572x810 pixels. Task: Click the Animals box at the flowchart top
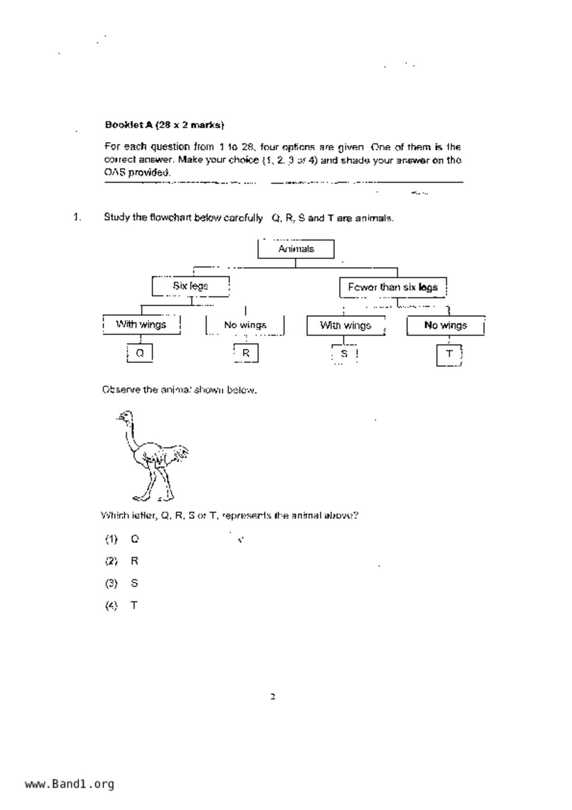coord(296,249)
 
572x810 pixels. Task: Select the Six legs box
coord(190,286)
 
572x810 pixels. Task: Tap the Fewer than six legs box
coord(393,287)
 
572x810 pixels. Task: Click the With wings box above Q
coord(141,325)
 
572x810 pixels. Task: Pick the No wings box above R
coord(245,325)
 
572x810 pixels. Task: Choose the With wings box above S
coord(346,326)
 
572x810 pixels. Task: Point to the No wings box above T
coord(446,326)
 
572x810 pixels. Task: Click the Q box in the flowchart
coord(140,353)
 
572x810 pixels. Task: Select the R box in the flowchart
coord(246,353)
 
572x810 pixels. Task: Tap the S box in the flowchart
coord(344,354)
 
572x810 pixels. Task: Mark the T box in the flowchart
coord(449,355)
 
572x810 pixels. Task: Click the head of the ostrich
coord(125,417)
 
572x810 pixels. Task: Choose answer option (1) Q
coord(122,539)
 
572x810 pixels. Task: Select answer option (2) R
coord(122,561)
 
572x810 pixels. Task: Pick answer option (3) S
coord(122,583)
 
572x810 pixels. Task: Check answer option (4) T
coord(122,605)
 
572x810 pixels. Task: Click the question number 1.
coord(77,217)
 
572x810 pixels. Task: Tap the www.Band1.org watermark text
coord(69,784)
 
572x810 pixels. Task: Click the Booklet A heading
coord(164,125)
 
